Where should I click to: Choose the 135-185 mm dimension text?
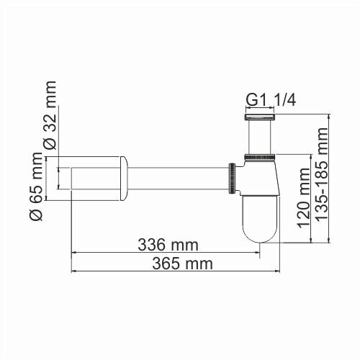(321, 177)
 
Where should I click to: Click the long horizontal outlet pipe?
(180, 176)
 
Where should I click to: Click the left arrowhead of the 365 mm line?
(73, 272)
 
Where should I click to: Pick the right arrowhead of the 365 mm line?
(279, 272)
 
